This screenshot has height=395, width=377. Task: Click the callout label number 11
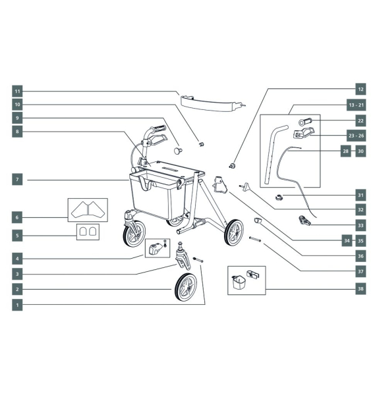tap(18, 91)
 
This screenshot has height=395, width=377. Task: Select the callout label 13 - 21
tap(361, 105)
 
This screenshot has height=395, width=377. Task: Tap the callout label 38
tap(361, 288)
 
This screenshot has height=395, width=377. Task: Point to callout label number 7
tap(18, 178)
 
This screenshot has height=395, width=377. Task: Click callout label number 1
tap(18, 305)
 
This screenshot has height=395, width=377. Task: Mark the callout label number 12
tap(360, 88)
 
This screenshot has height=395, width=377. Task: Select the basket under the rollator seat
tap(154, 195)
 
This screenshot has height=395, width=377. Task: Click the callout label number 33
tap(361, 225)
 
